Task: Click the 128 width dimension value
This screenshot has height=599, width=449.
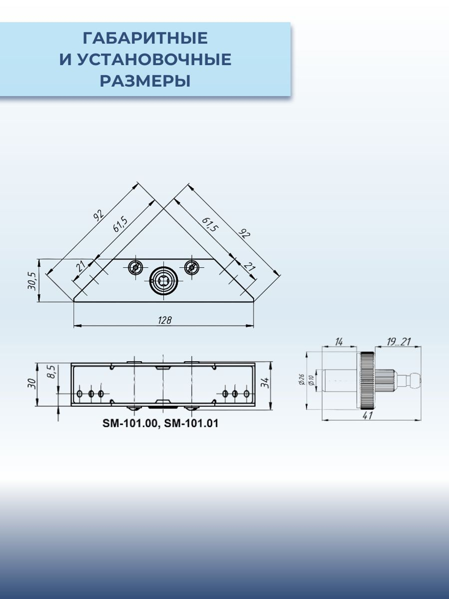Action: click(x=165, y=320)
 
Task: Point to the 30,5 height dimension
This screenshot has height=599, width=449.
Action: click(x=32, y=281)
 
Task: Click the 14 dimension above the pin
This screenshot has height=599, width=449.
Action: click(x=339, y=342)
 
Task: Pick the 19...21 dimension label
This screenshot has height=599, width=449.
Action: click(x=399, y=342)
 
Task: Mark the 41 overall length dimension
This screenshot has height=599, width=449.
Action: click(x=368, y=416)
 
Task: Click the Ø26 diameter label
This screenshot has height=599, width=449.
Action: click(x=301, y=380)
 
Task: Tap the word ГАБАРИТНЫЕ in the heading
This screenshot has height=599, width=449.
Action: click(x=145, y=38)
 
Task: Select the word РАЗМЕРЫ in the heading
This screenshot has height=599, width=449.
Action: click(x=145, y=81)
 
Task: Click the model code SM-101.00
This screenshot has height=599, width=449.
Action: click(x=129, y=423)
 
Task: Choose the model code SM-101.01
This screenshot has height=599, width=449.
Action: click(x=191, y=423)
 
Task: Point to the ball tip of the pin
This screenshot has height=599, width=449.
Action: click(x=417, y=381)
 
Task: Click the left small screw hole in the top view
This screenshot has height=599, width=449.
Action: click(x=136, y=268)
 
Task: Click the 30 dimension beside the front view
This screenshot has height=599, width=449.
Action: click(x=32, y=383)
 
